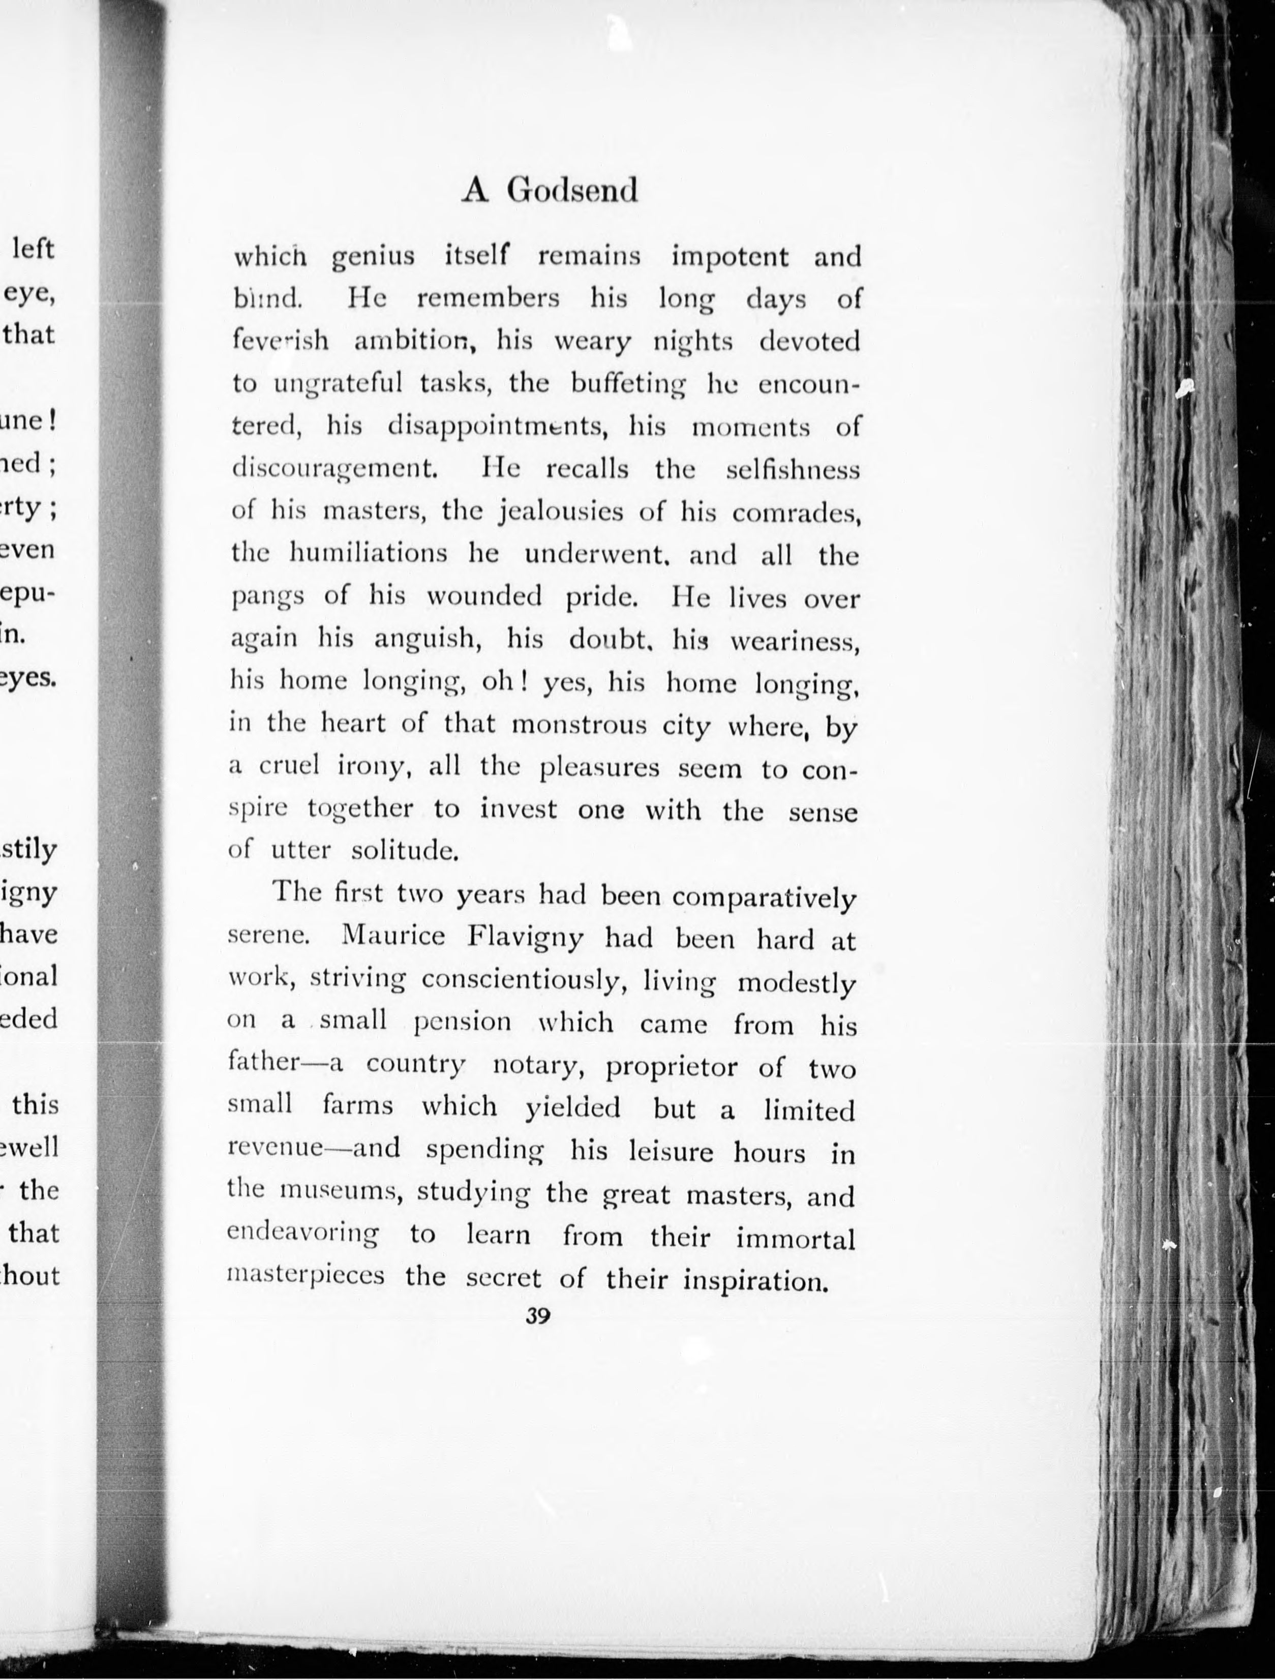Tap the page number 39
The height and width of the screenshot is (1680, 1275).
tap(538, 1316)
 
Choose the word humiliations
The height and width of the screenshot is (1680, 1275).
tap(369, 554)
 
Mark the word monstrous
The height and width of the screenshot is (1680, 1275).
tap(579, 725)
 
